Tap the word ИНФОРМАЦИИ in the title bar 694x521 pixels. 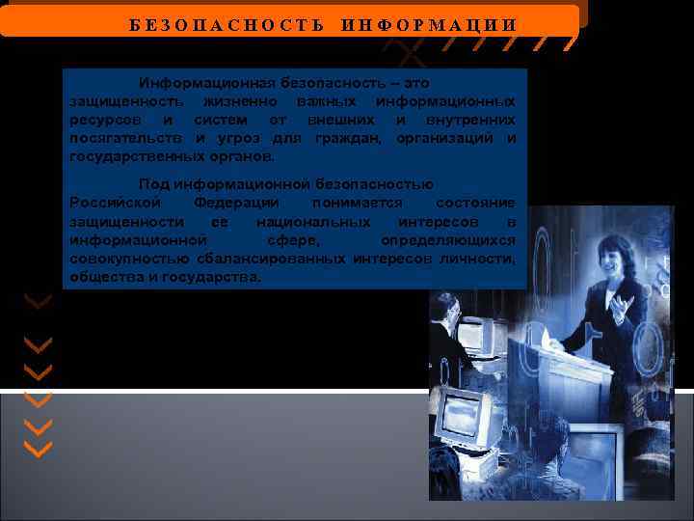click(x=428, y=24)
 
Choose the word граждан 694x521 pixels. click(x=341, y=138)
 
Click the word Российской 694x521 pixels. click(x=116, y=203)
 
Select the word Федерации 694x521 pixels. click(x=236, y=203)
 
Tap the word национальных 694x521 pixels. click(x=305, y=222)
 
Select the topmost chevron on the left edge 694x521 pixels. click(x=39, y=302)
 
